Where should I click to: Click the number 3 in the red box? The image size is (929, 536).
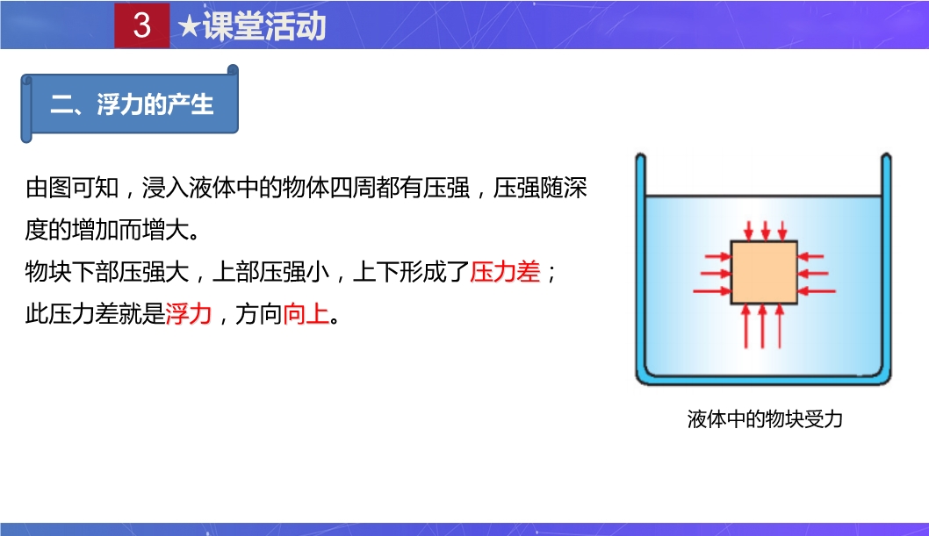[x=142, y=25]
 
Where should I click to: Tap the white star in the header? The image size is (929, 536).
[x=189, y=26]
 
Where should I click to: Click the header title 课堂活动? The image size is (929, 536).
[x=264, y=26]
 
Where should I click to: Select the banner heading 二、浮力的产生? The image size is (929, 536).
[x=132, y=104]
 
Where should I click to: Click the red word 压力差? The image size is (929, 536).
[x=505, y=272]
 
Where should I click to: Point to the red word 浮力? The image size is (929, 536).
[x=189, y=313]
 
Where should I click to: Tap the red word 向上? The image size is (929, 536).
[x=306, y=313]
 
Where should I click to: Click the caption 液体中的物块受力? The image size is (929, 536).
[x=765, y=418]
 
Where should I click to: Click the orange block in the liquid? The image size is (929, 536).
[x=764, y=272]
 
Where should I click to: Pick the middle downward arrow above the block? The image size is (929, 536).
[x=766, y=231]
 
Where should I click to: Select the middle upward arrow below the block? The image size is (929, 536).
[x=762, y=326]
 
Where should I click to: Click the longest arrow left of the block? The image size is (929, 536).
[x=712, y=291]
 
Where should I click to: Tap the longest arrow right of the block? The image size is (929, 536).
[x=817, y=291]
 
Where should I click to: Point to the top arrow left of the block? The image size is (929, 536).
[x=718, y=256]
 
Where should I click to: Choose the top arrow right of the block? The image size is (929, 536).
[x=810, y=256]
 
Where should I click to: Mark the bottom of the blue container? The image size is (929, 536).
[x=763, y=379]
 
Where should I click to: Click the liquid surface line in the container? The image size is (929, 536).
[x=763, y=196]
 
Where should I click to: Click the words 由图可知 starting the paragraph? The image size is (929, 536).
[x=72, y=188]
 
